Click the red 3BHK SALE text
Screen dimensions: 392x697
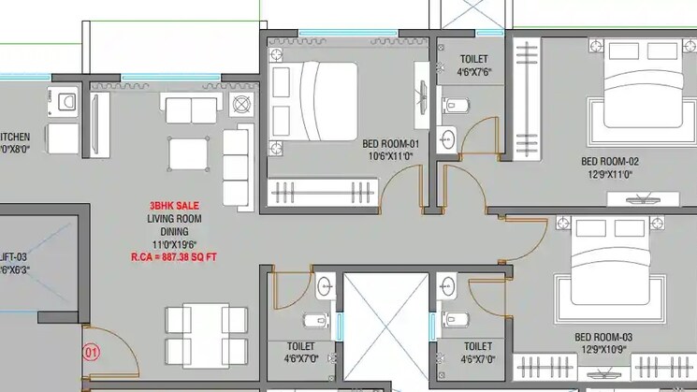point(174,206)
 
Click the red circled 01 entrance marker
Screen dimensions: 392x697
point(91,353)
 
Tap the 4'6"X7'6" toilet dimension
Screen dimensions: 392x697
point(473,71)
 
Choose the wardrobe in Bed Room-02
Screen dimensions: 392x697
point(527,98)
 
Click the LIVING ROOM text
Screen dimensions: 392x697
point(174,218)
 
